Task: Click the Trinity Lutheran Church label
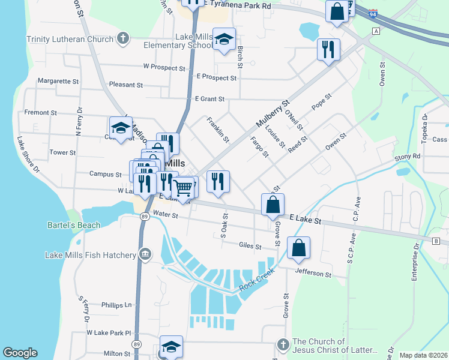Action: pos(70,40)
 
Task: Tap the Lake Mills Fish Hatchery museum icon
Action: pos(144,255)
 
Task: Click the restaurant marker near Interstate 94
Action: pos(328,50)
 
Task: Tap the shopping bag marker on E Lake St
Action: pos(273,204)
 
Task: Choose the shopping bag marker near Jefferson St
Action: pos(298,247)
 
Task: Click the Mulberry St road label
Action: pos(273,114)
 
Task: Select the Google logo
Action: pos(20,353)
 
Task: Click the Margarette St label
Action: pos(58,81)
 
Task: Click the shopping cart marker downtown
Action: pos(185,188)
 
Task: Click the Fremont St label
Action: pos(40,112)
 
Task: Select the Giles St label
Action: pos(250,246)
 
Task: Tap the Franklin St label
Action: pos(218,130)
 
